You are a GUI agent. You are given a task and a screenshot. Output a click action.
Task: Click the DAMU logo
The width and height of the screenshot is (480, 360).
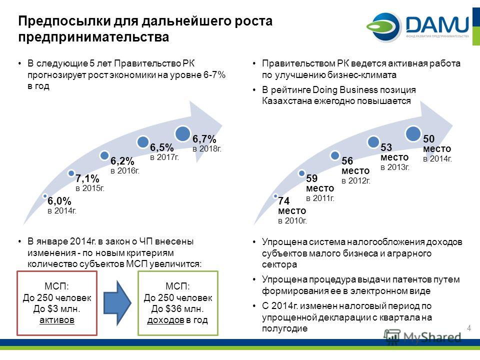[417, 26]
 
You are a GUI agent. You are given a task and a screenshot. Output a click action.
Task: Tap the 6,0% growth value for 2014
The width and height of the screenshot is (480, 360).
[59, 201]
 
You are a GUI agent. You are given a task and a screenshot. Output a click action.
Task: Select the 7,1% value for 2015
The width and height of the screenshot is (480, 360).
[87, 178]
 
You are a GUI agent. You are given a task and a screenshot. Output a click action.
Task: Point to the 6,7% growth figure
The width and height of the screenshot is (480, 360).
[204, 139]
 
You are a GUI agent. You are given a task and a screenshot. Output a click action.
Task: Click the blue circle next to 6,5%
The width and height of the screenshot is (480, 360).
[143, 141]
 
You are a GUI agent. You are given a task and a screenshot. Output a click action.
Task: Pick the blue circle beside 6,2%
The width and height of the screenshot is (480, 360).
[104, 155]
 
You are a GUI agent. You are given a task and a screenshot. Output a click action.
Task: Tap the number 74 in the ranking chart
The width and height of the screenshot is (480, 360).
[284, 201]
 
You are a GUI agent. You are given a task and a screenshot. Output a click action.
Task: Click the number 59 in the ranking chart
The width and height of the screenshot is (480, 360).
[311, 178]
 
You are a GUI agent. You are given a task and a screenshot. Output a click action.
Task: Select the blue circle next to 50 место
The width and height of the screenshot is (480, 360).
[413, 134]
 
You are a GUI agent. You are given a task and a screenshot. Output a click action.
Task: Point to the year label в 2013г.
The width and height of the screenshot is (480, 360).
[395, 167]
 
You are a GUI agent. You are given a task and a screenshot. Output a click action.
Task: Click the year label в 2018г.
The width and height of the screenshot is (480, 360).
[207, 149]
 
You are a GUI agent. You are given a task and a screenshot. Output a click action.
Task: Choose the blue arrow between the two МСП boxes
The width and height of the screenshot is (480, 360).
[117, 303]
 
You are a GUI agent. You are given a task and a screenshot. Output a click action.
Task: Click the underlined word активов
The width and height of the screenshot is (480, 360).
[57, 320]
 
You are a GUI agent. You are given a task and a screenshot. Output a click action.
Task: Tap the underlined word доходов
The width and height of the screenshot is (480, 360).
[165, 320]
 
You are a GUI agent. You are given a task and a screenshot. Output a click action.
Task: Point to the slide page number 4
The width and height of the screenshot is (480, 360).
[469, 328]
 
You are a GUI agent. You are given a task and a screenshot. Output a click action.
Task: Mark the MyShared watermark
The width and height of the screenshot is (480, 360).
[422, 337]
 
